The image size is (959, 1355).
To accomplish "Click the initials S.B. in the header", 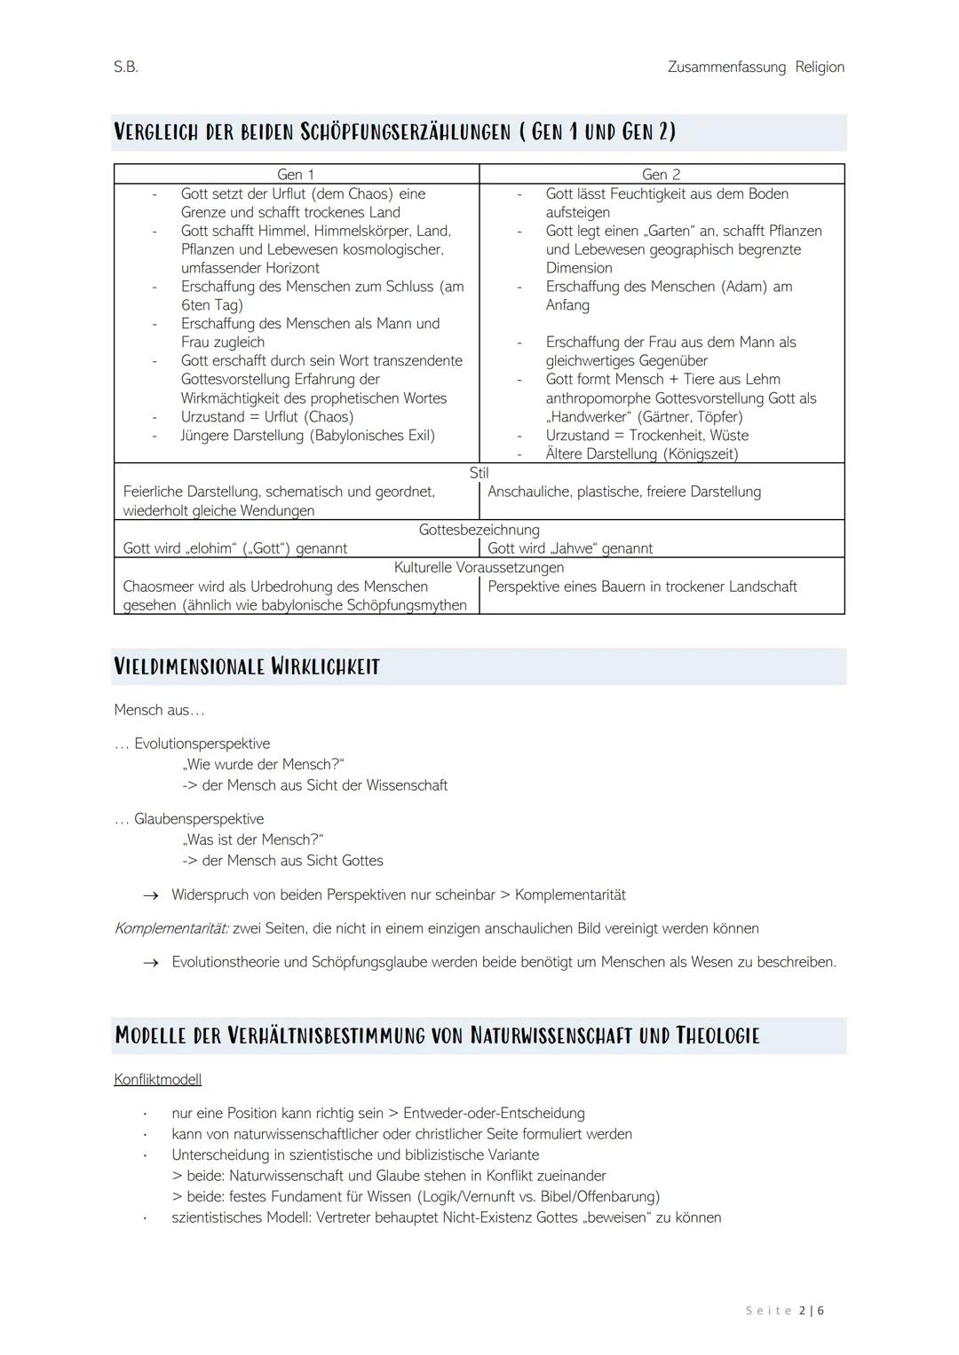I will (126, 67).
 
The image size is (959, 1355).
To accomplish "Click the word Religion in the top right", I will (819, 67).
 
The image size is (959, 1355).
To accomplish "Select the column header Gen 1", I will (296, 175).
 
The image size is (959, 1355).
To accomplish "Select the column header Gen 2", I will (661, 175).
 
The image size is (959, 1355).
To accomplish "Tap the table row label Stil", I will (479, 473).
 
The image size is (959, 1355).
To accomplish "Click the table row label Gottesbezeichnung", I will (479, 530).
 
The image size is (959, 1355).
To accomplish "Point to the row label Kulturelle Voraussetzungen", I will (479, 567).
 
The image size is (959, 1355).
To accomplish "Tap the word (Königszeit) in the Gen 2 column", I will (701, 454).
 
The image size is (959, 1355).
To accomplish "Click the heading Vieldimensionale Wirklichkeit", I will (247, 667).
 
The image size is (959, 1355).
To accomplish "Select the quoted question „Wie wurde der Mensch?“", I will (263, 764).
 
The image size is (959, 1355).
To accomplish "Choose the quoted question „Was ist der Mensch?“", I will (253, 839).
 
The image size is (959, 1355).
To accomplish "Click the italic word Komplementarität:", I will (170, 928).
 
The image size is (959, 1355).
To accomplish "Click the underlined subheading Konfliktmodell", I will (157, 1080).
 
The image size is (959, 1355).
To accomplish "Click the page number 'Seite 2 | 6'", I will (785, 1311).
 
